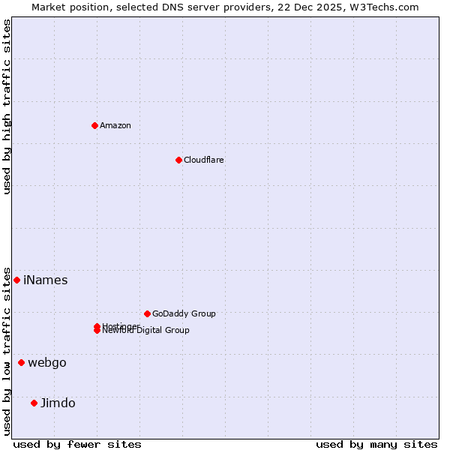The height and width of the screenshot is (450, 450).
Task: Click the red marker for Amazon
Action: pos(94,125)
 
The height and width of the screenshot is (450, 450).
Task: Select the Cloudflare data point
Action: pos(178,160)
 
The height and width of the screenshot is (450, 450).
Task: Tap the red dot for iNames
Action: pos(16,280)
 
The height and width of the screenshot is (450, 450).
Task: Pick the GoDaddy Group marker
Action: pos(147,313)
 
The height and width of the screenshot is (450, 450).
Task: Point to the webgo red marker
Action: pos(21,362)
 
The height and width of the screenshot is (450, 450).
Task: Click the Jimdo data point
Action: pos(34,403)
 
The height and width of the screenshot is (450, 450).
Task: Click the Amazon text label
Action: pos(115,125)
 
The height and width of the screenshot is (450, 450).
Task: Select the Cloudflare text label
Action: pos(204,160)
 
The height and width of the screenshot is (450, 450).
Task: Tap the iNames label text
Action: pos(46,280)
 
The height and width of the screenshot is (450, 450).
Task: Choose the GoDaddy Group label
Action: pos(184,313)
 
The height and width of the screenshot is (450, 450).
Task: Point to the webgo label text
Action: pos(47,363)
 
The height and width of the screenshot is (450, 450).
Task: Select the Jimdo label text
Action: pos(58,403)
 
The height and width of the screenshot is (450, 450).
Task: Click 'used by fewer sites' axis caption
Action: pos(77,444)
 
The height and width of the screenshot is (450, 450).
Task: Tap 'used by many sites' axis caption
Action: pos(376,444)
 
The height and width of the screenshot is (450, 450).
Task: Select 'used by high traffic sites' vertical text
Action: pos(7,106)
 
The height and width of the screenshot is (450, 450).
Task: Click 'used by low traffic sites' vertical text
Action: pos(7,351)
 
